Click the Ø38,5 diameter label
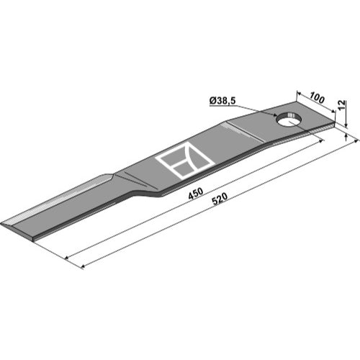click(222, 101)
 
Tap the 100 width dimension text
click(317, 98)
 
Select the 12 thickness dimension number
click(343, 105)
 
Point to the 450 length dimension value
click(196, 194)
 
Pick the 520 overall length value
click(220, 199)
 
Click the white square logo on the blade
click(185, 160)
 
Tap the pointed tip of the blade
click(1, 223)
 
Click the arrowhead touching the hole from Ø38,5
click(275, 114)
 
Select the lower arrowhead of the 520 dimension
click(83, 266)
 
